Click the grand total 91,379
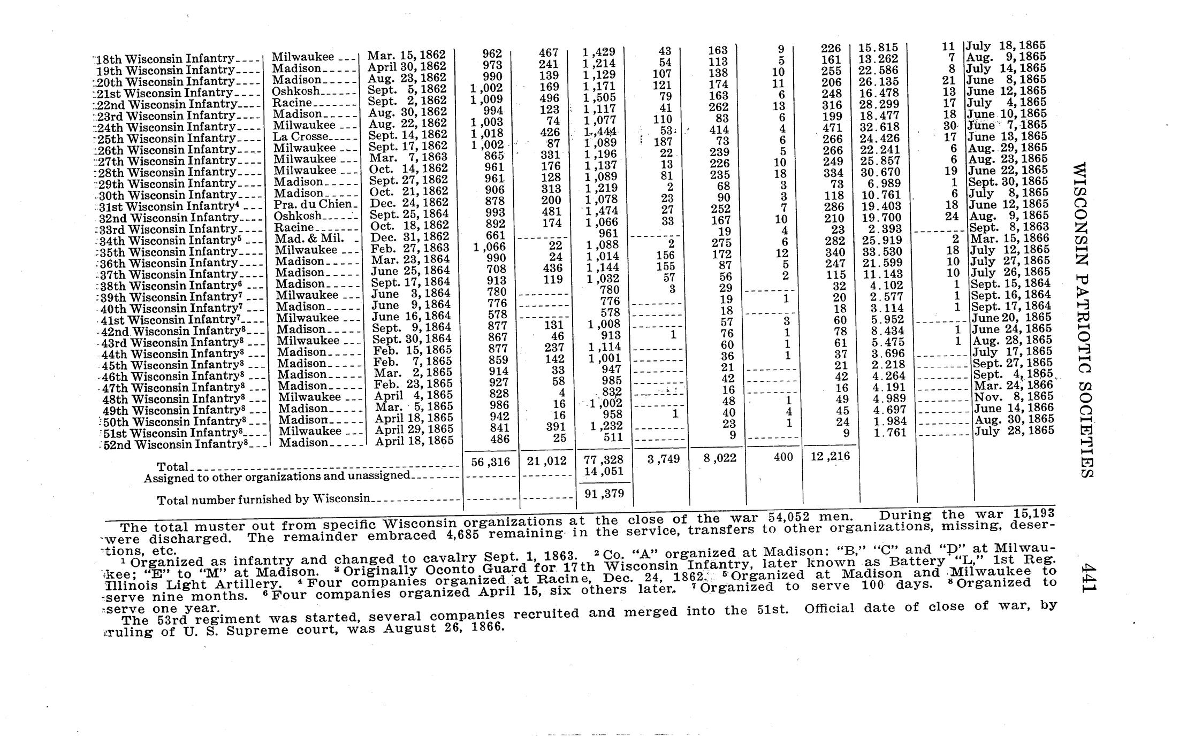tap(604, 494)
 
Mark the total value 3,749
tap(663, 459)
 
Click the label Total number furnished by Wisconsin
tap(263, 499)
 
